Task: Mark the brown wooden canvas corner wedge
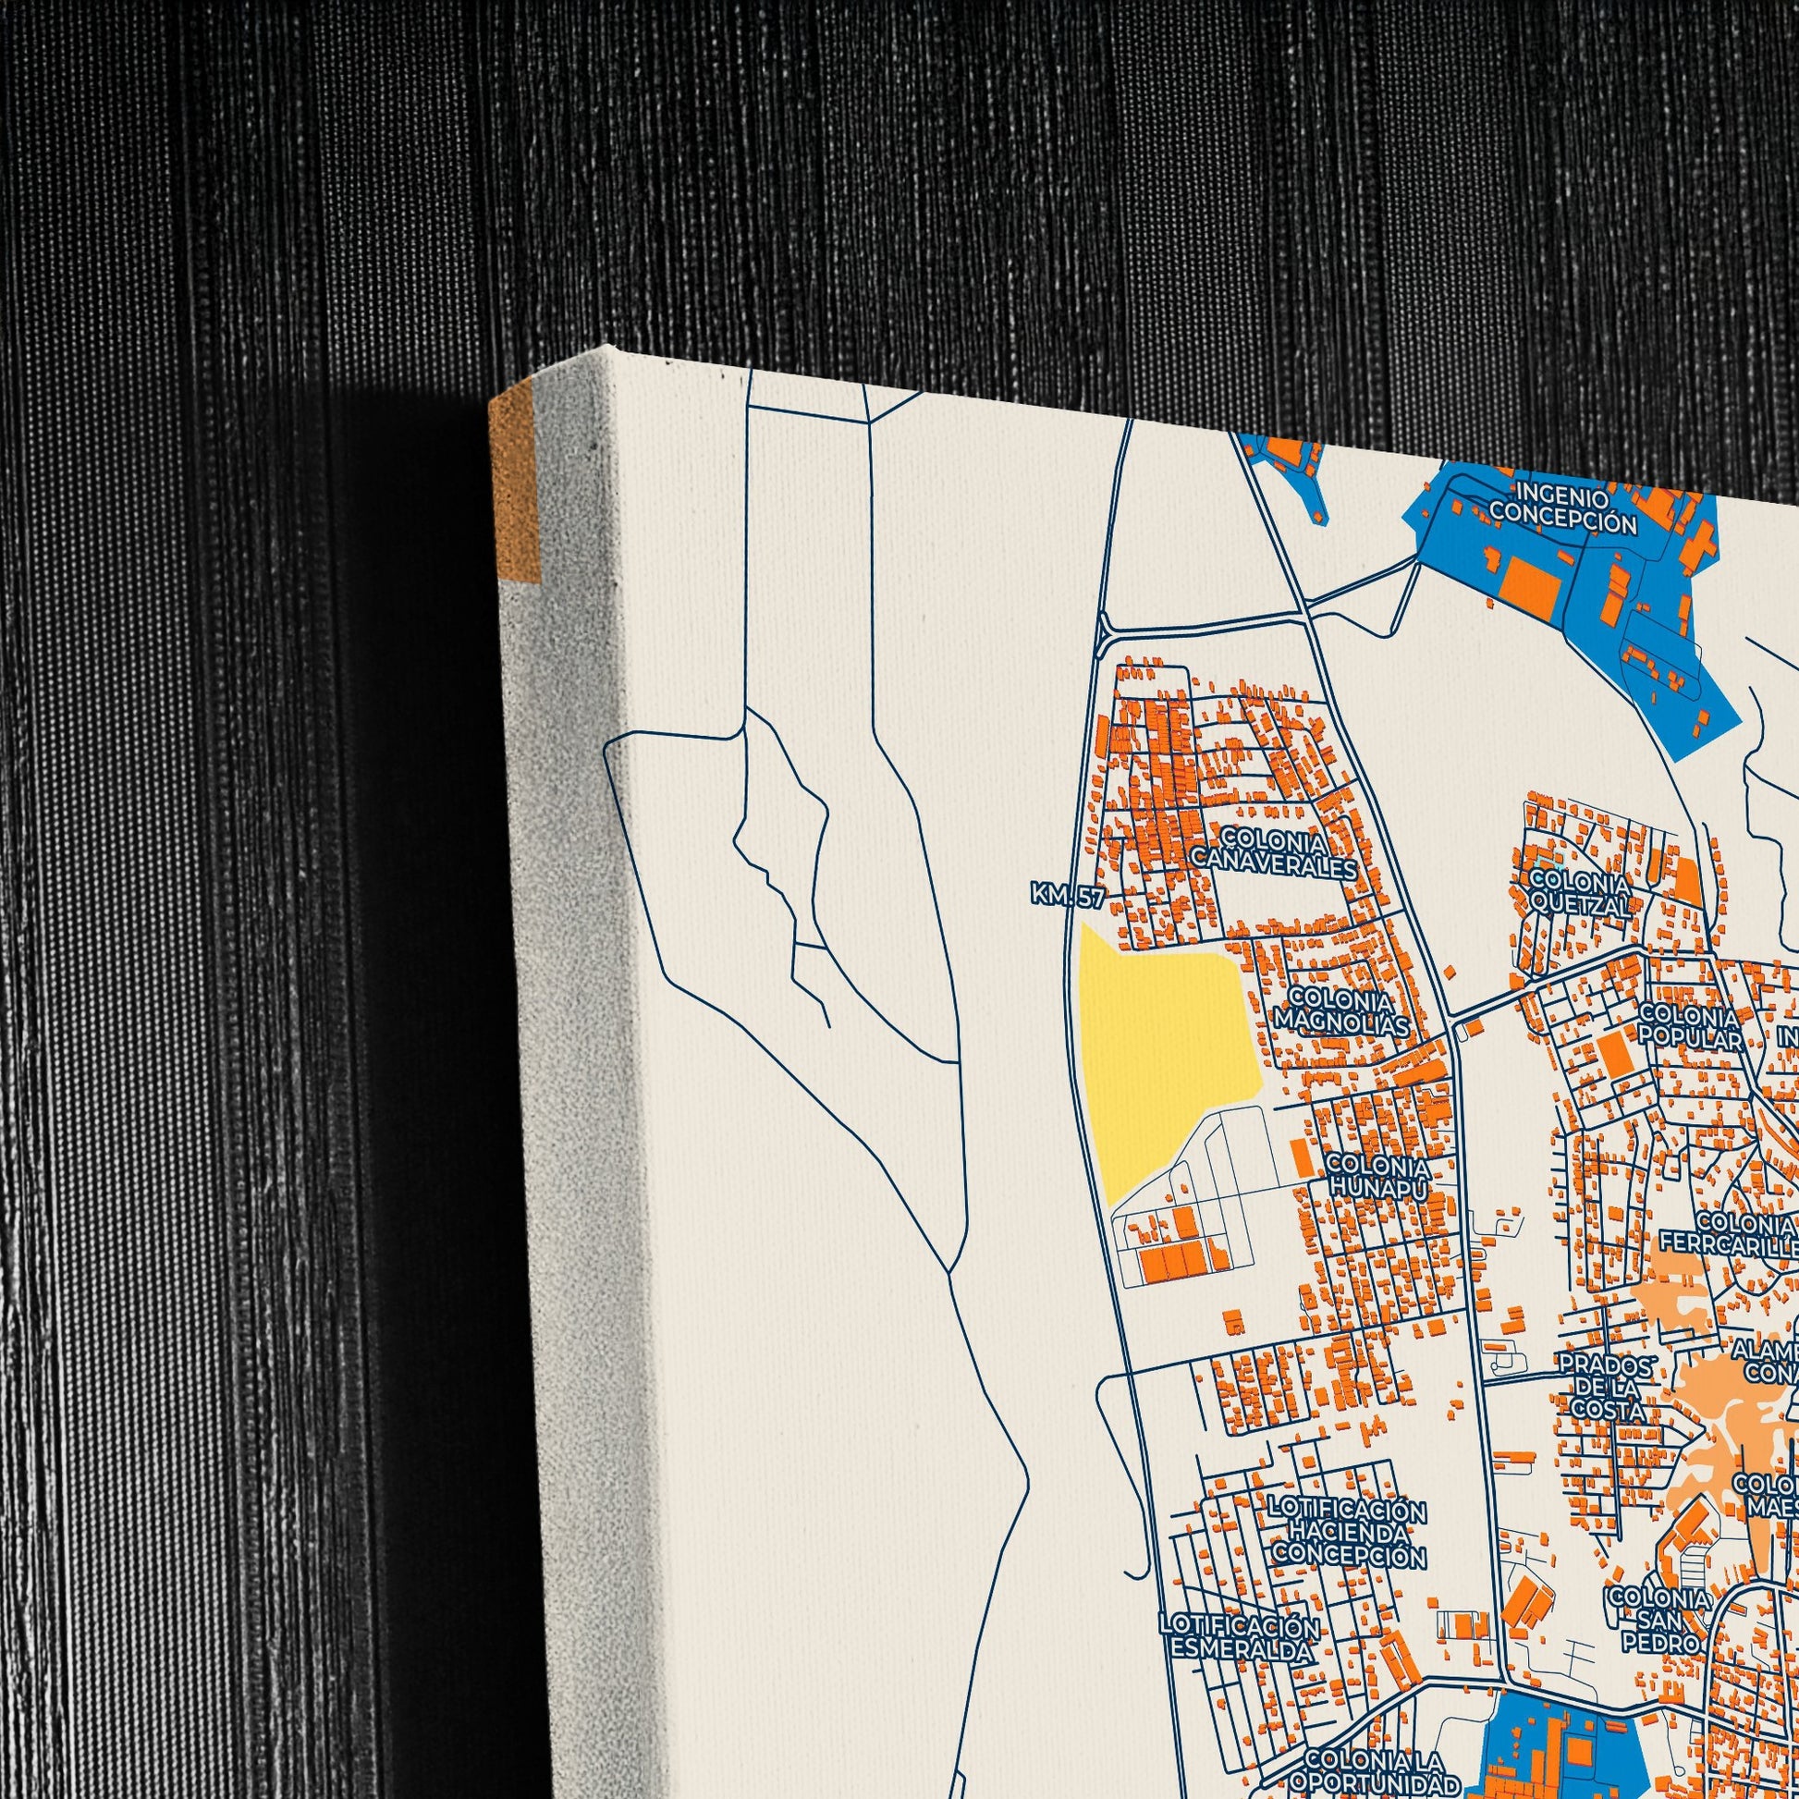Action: click(515, 485)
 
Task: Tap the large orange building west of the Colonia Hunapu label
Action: click(1301, 1156)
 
